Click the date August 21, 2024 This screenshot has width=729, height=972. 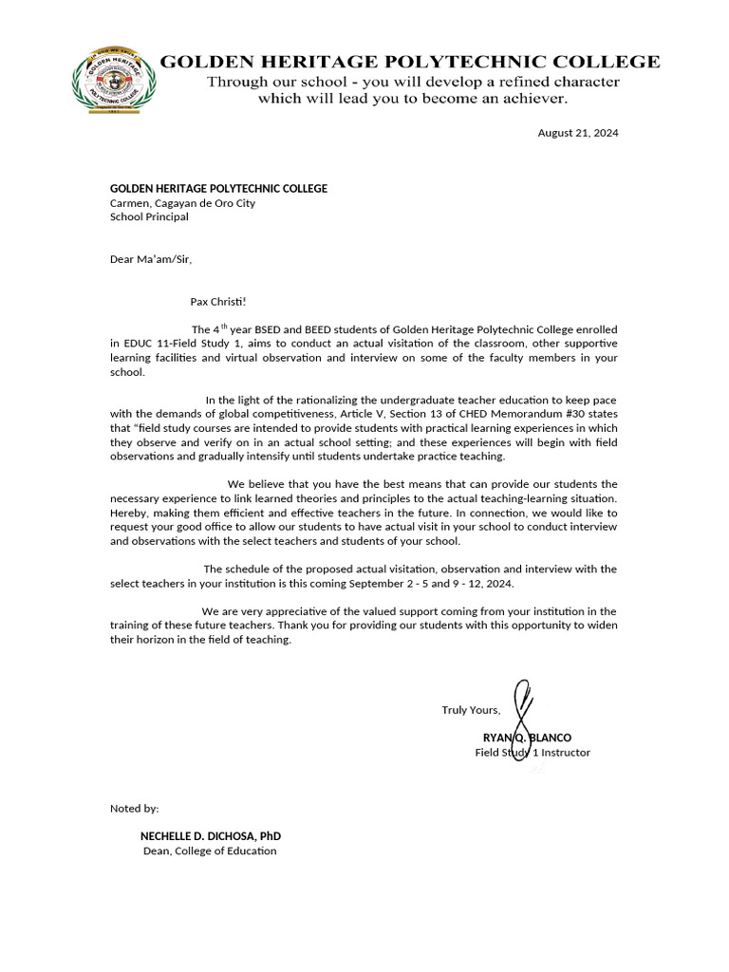click(x=577, y=133)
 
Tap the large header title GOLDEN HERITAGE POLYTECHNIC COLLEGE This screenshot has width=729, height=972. click(x=409, y=62)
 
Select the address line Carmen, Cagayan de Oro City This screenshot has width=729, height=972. click(x=182, y=202)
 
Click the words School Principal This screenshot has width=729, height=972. click(x=149, y=216)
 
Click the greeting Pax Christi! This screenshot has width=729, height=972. click(x=217, y=302)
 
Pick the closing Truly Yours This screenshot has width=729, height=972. click(x=471, y=710)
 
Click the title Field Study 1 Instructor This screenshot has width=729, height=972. click(x=533, y=752)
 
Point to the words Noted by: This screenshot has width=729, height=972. click(x=135, y=809)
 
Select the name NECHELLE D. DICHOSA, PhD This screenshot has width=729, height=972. click(x=210, y=836)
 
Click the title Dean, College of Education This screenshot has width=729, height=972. click(x=209, y=850)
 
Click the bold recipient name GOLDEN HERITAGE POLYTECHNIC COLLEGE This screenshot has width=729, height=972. click(x=218, y=188)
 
